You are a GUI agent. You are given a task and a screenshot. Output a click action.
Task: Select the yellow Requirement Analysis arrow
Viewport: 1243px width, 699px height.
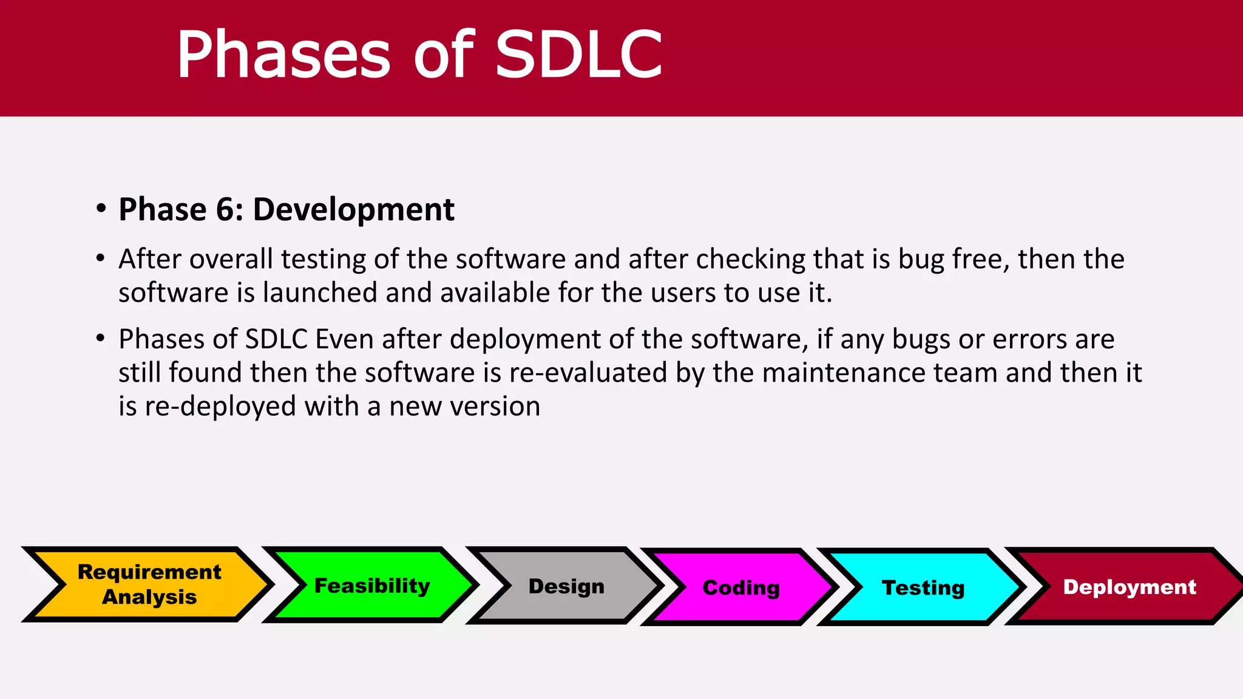[x=149, y=584]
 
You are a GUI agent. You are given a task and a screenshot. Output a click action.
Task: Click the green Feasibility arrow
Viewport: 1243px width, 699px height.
[x=372, y=586]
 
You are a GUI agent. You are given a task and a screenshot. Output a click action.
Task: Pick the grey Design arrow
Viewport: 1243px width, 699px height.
[x=566, y=586]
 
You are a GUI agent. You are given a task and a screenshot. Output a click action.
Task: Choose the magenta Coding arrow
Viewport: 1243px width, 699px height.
[x=741, y=587]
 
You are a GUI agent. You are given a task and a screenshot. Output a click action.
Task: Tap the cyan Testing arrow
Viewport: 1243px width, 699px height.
[x=923, y=587]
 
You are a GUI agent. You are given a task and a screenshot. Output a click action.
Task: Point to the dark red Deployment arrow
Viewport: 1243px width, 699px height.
[x=1130, y=587]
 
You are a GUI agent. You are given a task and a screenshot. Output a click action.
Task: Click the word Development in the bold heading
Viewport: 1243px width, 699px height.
[x=353, y=210]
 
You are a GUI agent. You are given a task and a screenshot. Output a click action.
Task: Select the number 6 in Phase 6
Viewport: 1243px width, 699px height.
[x=225, y=210]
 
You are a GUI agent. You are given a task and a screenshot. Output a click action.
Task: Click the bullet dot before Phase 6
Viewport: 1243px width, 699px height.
[x=101, y=208]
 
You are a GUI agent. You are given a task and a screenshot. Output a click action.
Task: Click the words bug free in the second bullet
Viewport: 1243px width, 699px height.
[x=953, y=260]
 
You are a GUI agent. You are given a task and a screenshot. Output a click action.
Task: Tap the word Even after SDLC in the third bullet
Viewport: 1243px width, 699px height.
[x=344, y=339]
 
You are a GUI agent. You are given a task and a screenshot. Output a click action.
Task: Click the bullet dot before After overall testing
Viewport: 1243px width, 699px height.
[x=101, y=258]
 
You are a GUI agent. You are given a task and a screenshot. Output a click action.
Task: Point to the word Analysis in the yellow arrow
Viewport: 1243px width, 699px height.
[x=149, y=597]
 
